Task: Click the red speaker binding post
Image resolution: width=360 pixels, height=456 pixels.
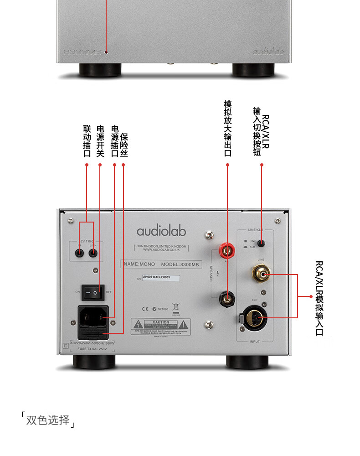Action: coord(226,249)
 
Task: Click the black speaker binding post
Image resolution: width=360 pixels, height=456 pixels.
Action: coord(226,299)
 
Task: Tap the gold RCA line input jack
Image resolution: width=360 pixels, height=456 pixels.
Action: coord(262,275)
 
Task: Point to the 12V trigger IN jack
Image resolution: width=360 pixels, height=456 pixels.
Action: coord(79,253)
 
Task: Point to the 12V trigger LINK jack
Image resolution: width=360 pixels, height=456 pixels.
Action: coord(93,253)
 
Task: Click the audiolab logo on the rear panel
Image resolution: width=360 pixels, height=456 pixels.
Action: coord(161,231)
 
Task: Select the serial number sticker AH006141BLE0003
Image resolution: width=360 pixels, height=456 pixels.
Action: coord(161,277)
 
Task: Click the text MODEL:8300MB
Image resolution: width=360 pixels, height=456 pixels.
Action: coord(178,264)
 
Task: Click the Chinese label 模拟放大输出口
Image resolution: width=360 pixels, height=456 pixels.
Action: coord(228,128)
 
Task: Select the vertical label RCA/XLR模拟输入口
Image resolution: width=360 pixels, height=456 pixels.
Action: coord(319,298)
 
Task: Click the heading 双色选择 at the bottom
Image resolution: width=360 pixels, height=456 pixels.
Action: coord(48,420)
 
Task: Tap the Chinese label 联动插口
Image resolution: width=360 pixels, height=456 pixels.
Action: coord(87,141)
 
